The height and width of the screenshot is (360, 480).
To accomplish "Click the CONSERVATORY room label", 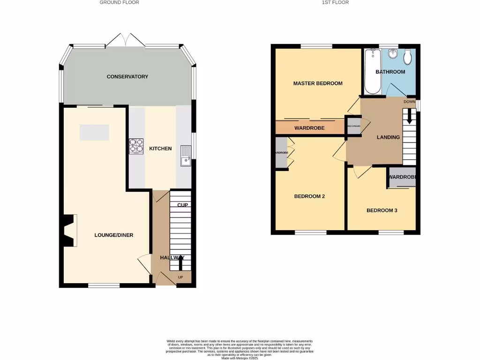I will pyautogui.click(x=127, y=76).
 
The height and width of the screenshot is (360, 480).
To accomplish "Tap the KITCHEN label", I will pyautogui.click(x=160, y=149).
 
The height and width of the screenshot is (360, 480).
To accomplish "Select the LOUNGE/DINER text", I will pyautogui.click(x=114, y=235).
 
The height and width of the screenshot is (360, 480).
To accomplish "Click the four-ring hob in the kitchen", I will pyautogui.click(x=136, y=146).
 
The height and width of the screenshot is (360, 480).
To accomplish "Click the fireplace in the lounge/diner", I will pyautogui.click(x=69, y=231).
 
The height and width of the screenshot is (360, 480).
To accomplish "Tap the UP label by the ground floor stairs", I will pyautogui.click(x=180, y=277).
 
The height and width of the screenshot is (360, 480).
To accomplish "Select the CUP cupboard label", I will pyautogui.click(x=182, y=205).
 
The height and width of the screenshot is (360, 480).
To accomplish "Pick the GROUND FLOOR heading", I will pyautogui.click(x=119, y=2).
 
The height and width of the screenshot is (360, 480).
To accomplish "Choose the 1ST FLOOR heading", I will pyautogui.click(x=335, y=2).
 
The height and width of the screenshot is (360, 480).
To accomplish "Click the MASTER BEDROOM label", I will pyautogui.click(x=317, y=83).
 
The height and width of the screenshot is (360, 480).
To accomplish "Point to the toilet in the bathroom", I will pyautogui.click(x=407, y=57).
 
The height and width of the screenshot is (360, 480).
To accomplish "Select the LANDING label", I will pyautogui.click(x=388, y=137).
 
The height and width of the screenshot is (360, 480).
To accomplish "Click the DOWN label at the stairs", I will pyautogui.click(x=409, y=102).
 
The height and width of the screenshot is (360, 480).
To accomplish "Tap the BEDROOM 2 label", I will pyautogui.click(x=309, y=196).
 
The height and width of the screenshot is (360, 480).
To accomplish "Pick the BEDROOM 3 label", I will pyautogui.click(x=382, y=210).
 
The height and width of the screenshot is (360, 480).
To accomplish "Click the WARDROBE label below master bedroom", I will pyautogui.click(x=309, y=128).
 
